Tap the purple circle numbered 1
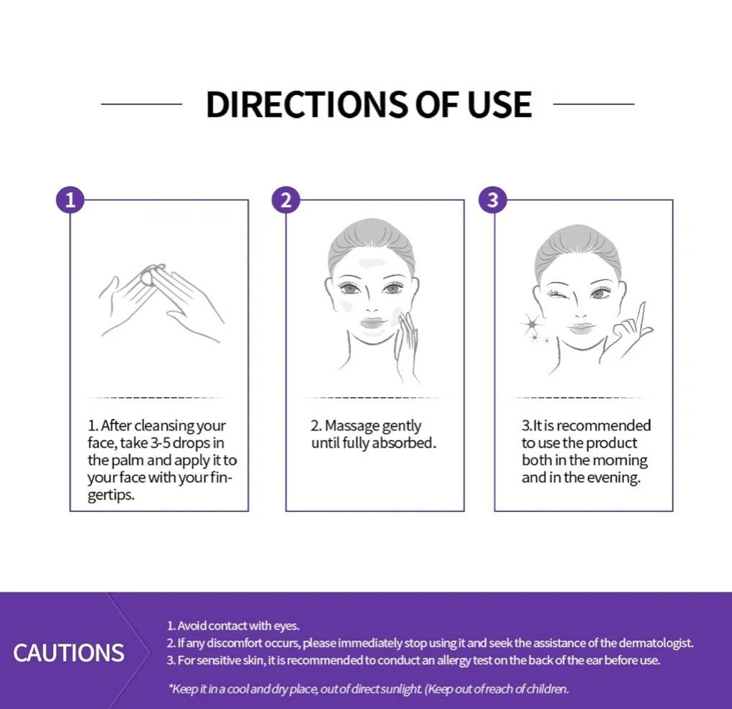click(70, 200)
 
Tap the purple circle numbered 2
click(286, 200)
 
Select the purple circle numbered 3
click(493, 200)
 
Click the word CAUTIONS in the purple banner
click(68, 653)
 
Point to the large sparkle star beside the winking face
click(530, 323)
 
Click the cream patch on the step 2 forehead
click(372, 264)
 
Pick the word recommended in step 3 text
click(604, 425)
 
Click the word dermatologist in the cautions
click(656, 643)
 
